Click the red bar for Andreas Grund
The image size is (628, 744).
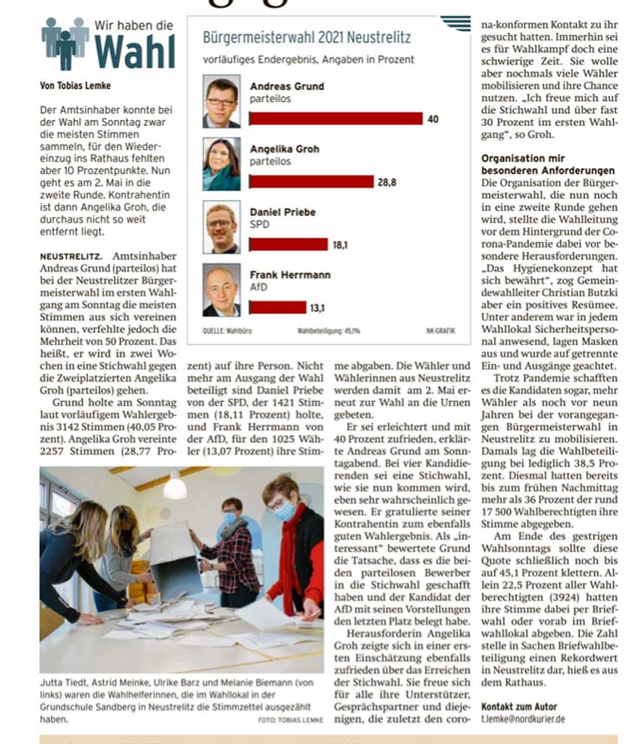336,118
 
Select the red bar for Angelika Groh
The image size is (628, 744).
311,181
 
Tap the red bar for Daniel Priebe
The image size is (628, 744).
289,244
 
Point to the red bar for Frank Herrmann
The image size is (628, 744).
277,307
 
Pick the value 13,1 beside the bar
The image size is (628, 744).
318,307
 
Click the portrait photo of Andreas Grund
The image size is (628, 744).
222,101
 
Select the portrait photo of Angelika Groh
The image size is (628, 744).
222,164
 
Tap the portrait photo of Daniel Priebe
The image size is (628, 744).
222,227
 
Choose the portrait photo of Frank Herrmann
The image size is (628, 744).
222,289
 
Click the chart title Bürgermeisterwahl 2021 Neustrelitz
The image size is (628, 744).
307,37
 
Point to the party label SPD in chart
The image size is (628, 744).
259,224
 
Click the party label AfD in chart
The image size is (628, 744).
259,286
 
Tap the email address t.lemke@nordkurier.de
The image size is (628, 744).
523,718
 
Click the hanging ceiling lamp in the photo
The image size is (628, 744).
175,487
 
